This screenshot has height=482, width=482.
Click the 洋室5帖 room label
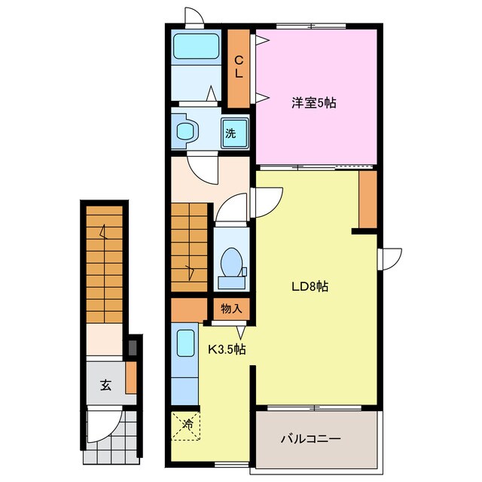[x=315, y=103]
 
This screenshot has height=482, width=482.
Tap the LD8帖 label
[x=310, y=286]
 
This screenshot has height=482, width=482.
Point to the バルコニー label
[x=312, y=438]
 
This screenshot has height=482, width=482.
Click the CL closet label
[x=239, y=68]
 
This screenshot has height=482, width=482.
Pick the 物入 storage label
[x=231, y=308]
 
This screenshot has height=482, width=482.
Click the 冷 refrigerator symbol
[x=186, y=424]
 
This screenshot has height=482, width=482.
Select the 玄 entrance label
[x=105, y=385]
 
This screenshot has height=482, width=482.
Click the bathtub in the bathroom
[x=196, y=47]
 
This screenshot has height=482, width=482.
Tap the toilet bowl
[x=231, y=265]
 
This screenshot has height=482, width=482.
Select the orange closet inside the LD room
[x=368, y=198]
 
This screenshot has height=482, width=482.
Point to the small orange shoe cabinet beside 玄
[x=130, y=377]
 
